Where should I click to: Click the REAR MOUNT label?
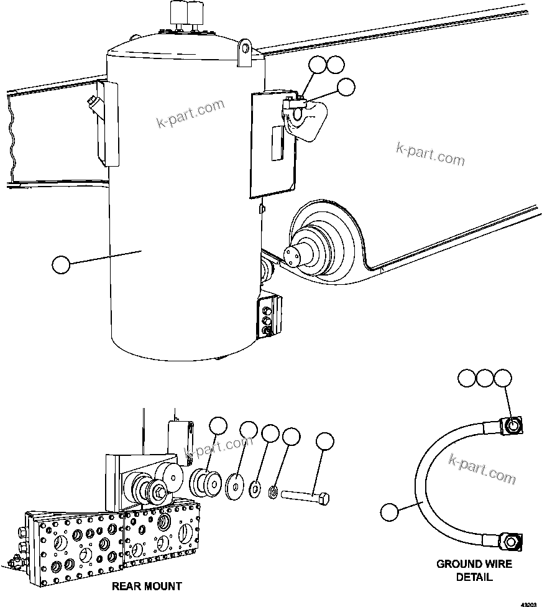click(x=147, y=586)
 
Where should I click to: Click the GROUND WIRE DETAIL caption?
click(x=474, y=570)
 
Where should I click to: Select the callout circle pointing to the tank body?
click(x=61, y=265)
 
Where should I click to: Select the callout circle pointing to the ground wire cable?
click(x=389, y=512)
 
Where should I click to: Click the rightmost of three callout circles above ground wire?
click(x=503, y=378)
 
